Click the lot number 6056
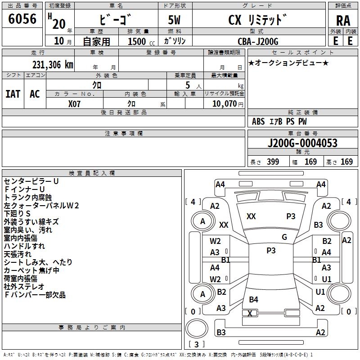(x=22, y=19)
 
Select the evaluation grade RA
(x=343, y=21)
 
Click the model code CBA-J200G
(x=258, y=41)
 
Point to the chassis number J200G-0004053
(x=302, y=143)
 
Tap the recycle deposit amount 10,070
(x=223, y=103)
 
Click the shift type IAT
(x=13, y=94)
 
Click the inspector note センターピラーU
(x=31, y=181)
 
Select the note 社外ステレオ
(x=24, y=287)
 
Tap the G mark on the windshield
(x=284, y=237)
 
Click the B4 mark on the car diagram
(x=253, y=300)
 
